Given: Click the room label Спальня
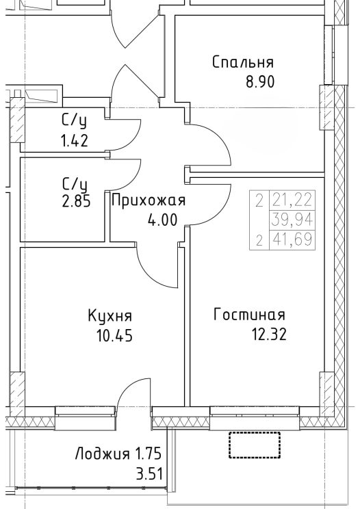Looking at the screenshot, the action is point(243,62).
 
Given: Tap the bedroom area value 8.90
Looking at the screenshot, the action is point(260,82).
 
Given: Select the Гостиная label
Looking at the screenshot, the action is point(249,315).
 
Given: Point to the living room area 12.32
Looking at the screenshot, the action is point(270,334).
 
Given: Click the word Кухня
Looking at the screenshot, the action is point(110,316).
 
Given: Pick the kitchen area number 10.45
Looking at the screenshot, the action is point(114,335).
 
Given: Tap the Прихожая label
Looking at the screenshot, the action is point(149,200).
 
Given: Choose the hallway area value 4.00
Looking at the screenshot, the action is point(162,220).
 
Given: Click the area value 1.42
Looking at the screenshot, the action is point(75,141).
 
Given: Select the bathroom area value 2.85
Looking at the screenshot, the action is point(76,202).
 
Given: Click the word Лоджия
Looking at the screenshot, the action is point(102,454).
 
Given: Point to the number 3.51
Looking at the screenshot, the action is point(149,474).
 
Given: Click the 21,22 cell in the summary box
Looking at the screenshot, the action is point(292,200).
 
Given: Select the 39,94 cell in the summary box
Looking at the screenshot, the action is point(292,220).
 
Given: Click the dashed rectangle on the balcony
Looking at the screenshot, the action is point(255,445).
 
